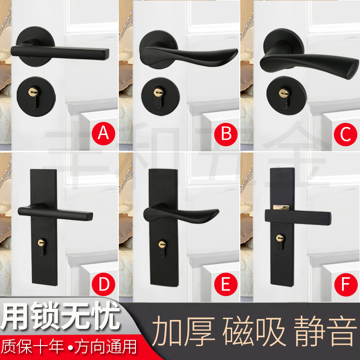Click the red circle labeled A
[103, 134]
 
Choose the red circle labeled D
[103, 284]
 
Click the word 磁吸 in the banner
[254, 332]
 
